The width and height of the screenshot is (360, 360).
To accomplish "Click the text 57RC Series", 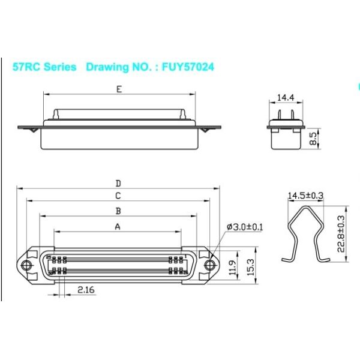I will coord(44,67).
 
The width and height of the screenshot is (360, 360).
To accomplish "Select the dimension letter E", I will coord(119,90).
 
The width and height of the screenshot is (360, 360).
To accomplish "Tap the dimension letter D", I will coord(118,183).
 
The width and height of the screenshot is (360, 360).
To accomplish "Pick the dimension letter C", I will coord(118,196).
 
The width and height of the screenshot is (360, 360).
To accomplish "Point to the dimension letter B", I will coord(118,211).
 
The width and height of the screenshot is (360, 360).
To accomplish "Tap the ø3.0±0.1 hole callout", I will coord(246,226).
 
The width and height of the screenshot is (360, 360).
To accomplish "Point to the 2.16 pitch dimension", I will coord(86,290).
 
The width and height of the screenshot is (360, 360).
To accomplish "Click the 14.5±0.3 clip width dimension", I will coord(305,195).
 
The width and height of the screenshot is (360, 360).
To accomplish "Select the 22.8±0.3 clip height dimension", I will coord(341,234).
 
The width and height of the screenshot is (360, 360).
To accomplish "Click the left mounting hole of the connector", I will coord(26,265).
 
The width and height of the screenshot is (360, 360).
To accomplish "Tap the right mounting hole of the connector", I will coord(209,265).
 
